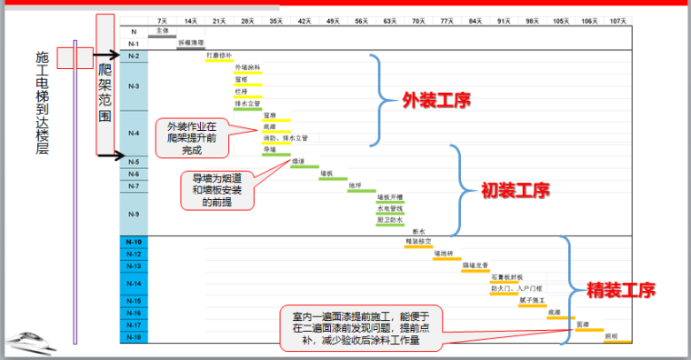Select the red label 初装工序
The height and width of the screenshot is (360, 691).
click(x=516, y=192)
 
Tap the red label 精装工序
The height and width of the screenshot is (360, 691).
click(x=620, y=291)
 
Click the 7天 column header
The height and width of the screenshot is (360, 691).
click(x=162, y=20)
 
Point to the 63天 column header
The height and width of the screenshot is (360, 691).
click(x=389, y=20)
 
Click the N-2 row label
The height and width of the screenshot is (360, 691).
click(x=134, y=56)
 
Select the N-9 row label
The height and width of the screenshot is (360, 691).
click(x=134, y=214)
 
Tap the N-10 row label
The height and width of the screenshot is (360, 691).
click(x=134, y=242)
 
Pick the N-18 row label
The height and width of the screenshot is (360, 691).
click(x=134, y=336)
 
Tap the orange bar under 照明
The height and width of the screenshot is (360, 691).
click(x=617, y=342)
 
